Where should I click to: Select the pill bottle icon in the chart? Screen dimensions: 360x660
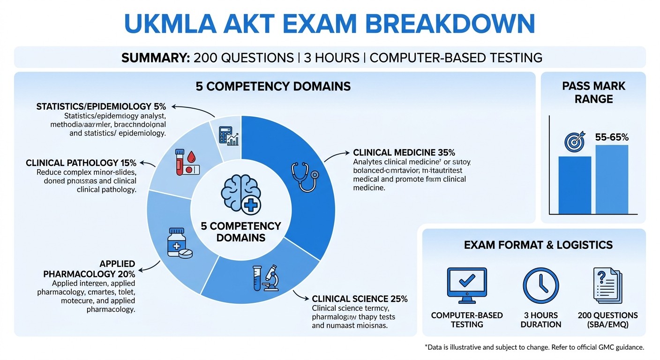178,243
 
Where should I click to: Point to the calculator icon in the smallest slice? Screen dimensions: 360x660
229,134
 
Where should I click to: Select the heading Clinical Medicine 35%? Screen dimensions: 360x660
404,153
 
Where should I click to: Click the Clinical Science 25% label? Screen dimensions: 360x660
360,299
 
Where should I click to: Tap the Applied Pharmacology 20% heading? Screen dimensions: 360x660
89,269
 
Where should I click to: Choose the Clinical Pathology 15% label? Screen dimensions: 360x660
81,163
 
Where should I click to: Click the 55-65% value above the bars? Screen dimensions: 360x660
612,137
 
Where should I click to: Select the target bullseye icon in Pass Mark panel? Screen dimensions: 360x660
575,141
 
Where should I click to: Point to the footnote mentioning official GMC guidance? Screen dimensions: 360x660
534,347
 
